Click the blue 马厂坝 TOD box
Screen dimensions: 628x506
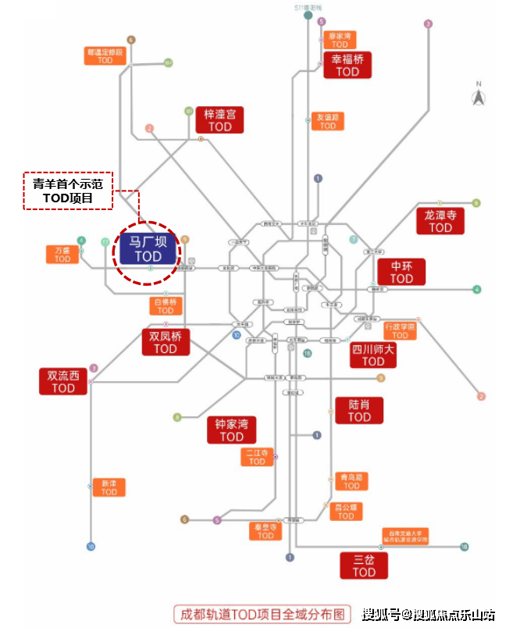147,248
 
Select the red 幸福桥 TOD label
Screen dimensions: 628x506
347,65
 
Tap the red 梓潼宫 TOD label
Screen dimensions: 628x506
219,120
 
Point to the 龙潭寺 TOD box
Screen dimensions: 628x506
440,220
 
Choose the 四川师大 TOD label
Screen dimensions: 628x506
373,355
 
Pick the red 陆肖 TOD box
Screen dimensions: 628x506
359,410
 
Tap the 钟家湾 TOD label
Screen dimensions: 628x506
231,430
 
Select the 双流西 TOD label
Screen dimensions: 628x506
63,381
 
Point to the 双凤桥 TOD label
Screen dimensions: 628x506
166,342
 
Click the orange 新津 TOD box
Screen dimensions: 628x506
109,487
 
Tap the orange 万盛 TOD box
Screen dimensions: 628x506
62,255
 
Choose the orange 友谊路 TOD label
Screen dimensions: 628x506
328,121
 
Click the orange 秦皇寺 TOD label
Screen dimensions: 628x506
265,531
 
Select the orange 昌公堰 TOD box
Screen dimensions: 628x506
345,512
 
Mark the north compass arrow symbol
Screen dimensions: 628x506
478,96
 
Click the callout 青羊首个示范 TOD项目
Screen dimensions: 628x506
67,191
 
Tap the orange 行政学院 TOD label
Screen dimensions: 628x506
401,331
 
